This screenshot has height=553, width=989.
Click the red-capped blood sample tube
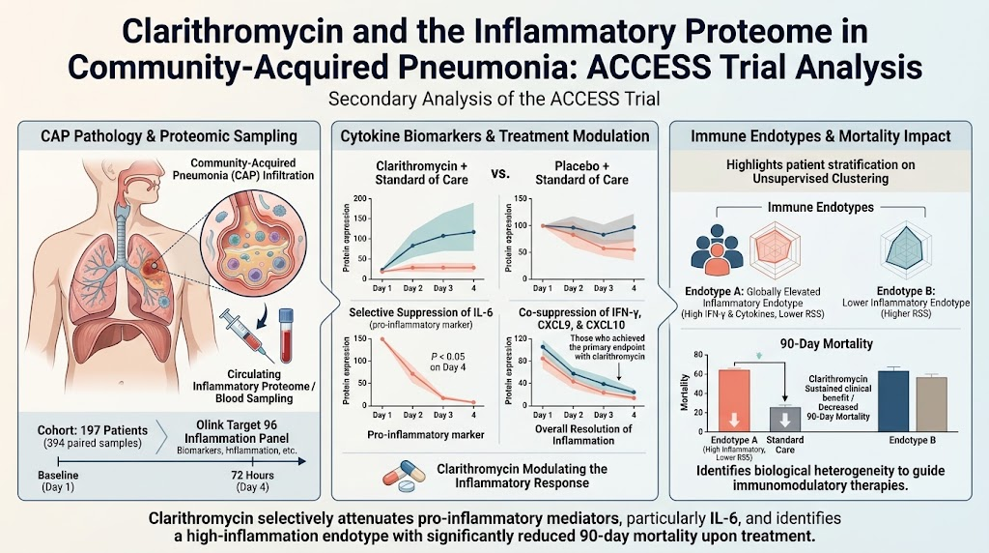pyautogui.click(x=286, y=335)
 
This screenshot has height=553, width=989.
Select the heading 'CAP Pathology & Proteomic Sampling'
pyautogui.click(x=169, y=135)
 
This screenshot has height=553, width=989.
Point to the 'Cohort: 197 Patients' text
pyautogui.click(x=92, y=430)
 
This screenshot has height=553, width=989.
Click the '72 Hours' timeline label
pyautogui.click(x=252, y=475)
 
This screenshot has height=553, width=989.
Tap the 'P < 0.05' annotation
pyautogui.click(x=448, y=357)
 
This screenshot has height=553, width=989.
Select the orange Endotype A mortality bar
pyautogui.click(x=734, y=401)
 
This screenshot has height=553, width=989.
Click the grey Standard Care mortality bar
pyautogui.click(x=785, y=420)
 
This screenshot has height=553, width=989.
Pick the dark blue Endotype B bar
pyautogui.click(x=893, y=401)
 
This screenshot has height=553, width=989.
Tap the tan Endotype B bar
pyautogui.click(x=932, y=404)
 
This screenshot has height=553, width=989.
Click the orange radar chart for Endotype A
pyautogui.click(x=775, y=251)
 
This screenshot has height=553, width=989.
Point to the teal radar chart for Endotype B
pyautogui.click(x=906, y=251)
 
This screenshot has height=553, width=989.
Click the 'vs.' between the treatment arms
pyautogui.click(x=500, y=172)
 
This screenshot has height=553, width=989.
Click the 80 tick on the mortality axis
pyautogui.click(x=697, y=354)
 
